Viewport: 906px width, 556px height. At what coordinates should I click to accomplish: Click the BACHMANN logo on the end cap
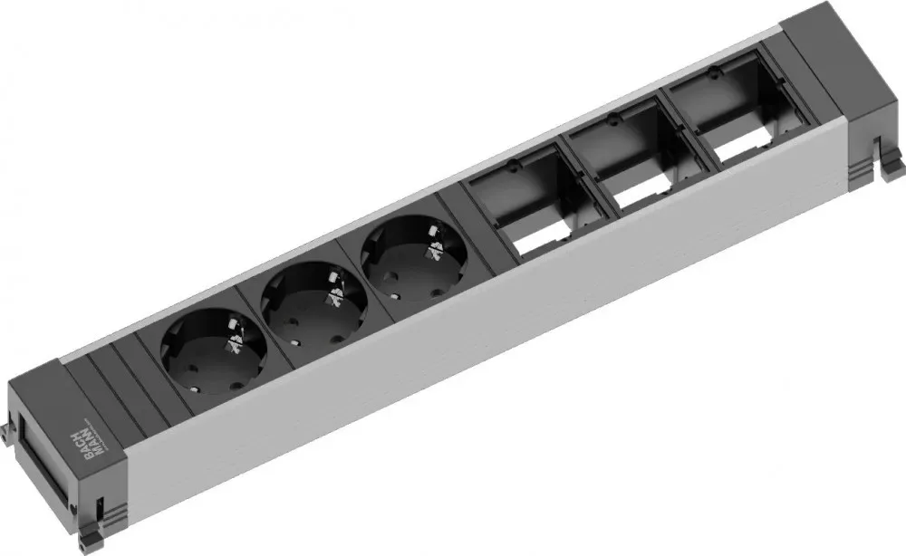[x=92, y=436]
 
